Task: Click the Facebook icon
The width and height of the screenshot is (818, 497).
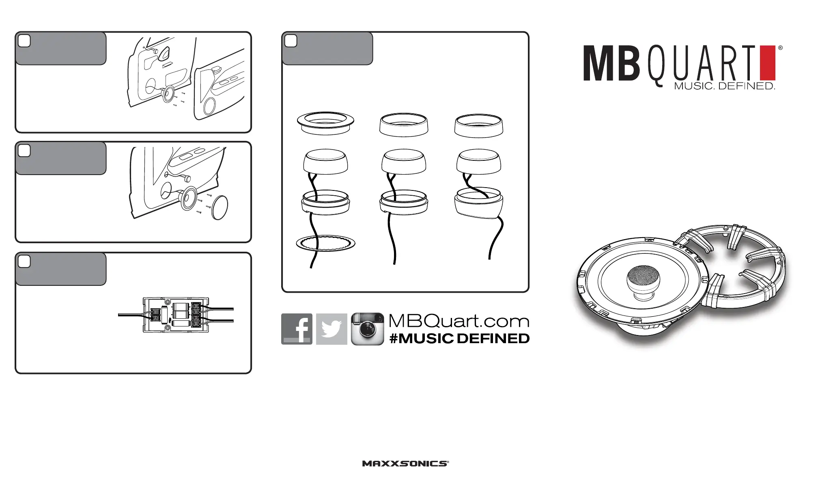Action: click(297, 329)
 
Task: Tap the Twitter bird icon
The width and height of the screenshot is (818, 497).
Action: click(332, 329)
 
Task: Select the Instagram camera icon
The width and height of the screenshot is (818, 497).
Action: click(367, 329)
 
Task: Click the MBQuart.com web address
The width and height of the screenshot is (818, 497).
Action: click(459, 321)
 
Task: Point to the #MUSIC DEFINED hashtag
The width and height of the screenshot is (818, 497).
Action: click(459, 339)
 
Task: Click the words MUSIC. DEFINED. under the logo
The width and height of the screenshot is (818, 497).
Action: click(724, 86)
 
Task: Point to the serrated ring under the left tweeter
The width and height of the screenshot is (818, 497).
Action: click(325, 243)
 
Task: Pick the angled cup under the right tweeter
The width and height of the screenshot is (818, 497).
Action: click(479, 205)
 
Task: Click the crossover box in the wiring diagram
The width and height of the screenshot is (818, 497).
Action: click(176, 315)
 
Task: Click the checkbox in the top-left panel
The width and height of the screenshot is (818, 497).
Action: click(24, 41)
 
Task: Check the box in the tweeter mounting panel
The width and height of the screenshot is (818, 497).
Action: click(291, 41)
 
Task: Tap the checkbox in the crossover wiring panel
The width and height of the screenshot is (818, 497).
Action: click(24, 261)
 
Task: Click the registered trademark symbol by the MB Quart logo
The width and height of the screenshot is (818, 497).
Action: click(780, 48)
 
